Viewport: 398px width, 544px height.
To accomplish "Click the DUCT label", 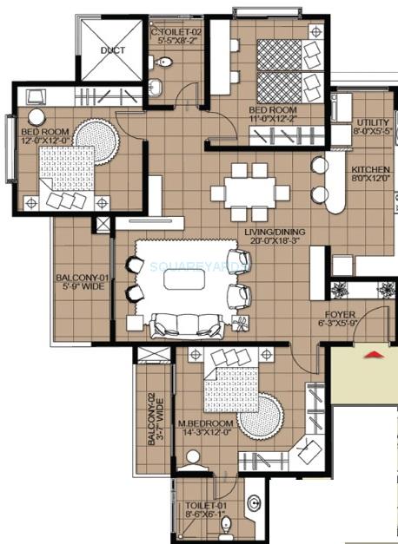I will [112, 51].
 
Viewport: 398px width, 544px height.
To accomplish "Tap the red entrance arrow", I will [373, 353].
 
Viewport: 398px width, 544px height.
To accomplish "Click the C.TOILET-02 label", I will [176, 32].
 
